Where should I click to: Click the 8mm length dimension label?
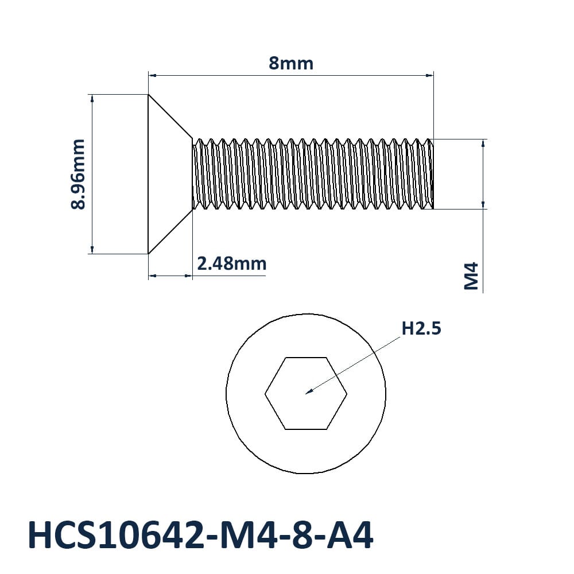pyautogui.click(x=291, y=63)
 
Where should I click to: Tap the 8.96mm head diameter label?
pyautogui.click(x=77, y=174)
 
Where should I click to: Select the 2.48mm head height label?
pyautogui.click(x=232, y=263)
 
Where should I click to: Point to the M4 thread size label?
pyautogui.click(x=471, y=276)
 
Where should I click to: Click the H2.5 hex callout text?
pyautogui.click(x=421, y=328)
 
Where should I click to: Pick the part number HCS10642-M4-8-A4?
pyautogui.click(x=200, y=535)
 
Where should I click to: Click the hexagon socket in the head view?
pyautogui.click(x=306, y=393)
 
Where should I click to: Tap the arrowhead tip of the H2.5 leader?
pyautogui.click(x=306, y=394)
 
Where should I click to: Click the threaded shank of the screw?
pyautogui.click(x=313, y=174)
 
